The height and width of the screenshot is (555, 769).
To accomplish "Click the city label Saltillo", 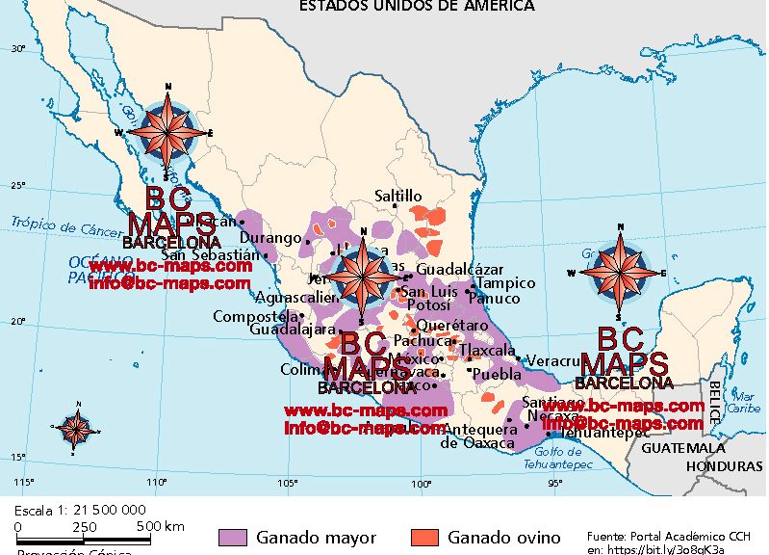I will point(398,197).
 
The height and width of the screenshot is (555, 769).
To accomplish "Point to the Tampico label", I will point(506,283).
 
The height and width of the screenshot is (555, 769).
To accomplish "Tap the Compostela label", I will point(255,316).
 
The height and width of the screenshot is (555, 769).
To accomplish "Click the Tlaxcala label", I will point(488,351).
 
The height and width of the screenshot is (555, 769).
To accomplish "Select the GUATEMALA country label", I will point(683,449).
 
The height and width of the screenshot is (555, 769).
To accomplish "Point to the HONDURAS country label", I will point(723,465).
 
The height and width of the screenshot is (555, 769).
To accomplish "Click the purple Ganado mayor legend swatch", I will point(233,537).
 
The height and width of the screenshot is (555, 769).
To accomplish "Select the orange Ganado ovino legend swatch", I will point(423,537).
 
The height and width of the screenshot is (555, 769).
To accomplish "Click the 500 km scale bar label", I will point(160,526).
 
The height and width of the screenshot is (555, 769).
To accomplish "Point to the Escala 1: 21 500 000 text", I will point(80,509).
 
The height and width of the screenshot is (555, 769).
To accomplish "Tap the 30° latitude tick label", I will point(17,48).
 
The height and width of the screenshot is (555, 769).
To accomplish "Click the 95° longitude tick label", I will point(555,484).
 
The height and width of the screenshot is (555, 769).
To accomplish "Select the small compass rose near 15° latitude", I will point(73,428).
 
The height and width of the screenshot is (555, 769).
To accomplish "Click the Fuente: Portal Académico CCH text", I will point(668,534).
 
